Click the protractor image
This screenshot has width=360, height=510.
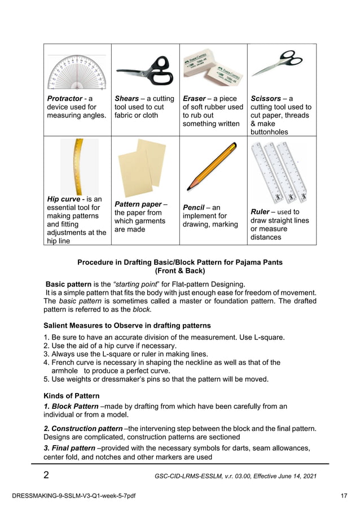pos(77,72)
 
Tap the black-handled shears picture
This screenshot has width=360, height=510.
pos(145,71)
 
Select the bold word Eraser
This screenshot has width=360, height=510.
pos(194,98)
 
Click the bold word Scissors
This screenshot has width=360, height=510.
pos(266,98)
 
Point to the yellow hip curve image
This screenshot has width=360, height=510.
pos(78,167)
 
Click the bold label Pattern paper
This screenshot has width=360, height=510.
pos(138,204)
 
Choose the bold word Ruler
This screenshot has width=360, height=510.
pos(260,212)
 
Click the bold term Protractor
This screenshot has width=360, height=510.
pos(65,98)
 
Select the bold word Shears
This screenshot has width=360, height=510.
pos(127,98)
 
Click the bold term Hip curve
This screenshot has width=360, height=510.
pos(64,199)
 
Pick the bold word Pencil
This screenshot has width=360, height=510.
pos(194,207)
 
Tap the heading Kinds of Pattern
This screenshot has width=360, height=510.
pos(72,396)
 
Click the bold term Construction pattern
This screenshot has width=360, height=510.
pos(83,429)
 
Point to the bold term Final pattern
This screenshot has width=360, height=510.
pos(69,448)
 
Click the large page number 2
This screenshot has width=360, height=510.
pos(46,475)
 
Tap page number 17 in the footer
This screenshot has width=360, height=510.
pos(344,496)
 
